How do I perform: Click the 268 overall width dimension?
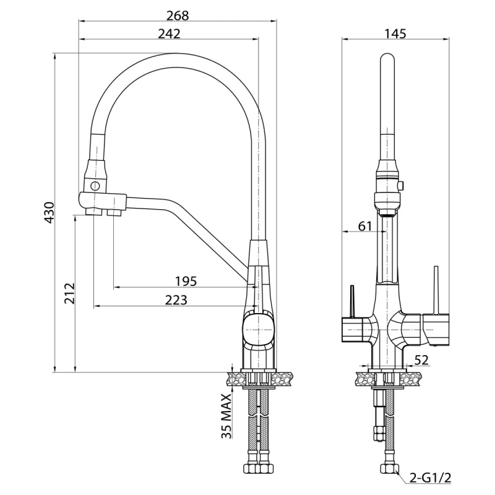[x=178, y=15]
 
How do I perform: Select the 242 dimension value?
[x=169, y=34]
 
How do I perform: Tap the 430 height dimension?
[x=49, y=212]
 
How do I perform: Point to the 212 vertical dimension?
[x=69, y=293]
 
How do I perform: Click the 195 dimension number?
[x=186, y=281]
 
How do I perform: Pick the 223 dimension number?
[x=176, y=300]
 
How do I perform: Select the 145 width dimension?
[x=395, y=34]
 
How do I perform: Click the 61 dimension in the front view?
[x=365, y=226]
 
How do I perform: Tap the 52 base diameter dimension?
[x=421, y=360]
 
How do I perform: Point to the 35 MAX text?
[x=226, y=416]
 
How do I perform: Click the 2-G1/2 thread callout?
[x=430, y=478]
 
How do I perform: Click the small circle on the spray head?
[x=95, y=186]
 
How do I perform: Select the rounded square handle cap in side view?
[x=257, y=330]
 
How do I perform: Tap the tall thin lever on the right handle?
[x=436, y=290]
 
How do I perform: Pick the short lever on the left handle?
[x=352, y=301]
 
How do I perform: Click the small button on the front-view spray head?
[x=401, y=185]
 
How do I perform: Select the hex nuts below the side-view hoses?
[x=259, y=468]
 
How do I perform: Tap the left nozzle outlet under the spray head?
[x=94, y=211]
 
